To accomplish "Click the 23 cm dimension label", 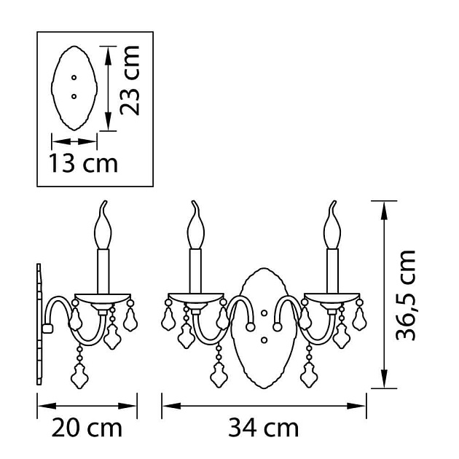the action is [130, 80].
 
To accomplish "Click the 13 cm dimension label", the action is [84, 162].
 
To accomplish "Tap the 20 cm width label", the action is [87, 428].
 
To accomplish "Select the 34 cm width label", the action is [264, 428].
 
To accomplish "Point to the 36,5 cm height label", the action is [406, 295].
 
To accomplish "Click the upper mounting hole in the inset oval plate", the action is [74, 77].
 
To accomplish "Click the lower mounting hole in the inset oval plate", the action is [74, 96].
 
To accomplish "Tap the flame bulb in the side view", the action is [103, 225].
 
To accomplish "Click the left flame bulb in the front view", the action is [195, 225].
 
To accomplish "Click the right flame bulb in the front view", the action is [332, 225].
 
